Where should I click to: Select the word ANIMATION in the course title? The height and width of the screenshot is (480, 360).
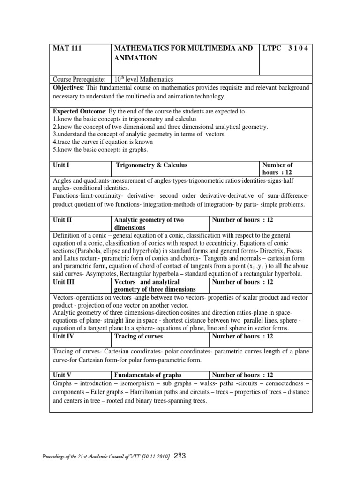135,59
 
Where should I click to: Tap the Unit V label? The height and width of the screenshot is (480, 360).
63,375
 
